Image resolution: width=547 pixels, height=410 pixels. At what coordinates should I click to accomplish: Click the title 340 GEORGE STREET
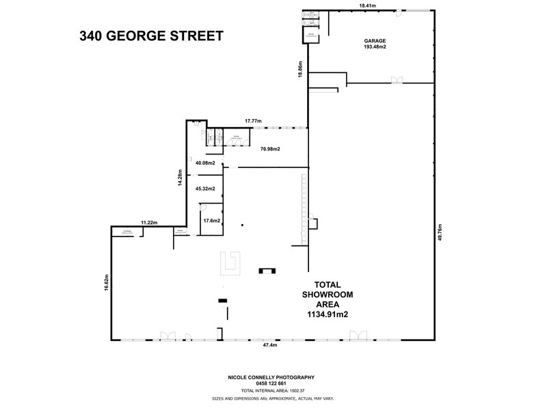[x=151, y=36]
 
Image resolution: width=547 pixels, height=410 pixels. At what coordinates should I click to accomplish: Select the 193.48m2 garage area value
[x=374, y=48]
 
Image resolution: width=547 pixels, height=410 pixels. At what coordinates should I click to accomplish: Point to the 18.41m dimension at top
[x=369, y=5]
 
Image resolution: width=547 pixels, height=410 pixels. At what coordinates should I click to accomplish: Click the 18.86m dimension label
[x=299, y=70]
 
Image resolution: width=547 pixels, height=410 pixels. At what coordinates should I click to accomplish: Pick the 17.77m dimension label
[x=254, y=122]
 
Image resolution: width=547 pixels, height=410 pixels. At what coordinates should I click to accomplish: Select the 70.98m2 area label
[x=269, y=148]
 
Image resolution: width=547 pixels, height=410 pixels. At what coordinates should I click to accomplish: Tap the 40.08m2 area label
[x=205, y=163]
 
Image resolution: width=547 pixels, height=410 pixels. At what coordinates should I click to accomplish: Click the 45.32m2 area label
[x=205, y=189]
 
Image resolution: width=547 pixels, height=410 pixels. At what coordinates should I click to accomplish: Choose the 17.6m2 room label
[x=211, y=220]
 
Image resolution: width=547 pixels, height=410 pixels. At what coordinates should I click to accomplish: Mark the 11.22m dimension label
[x=150, y=223]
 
